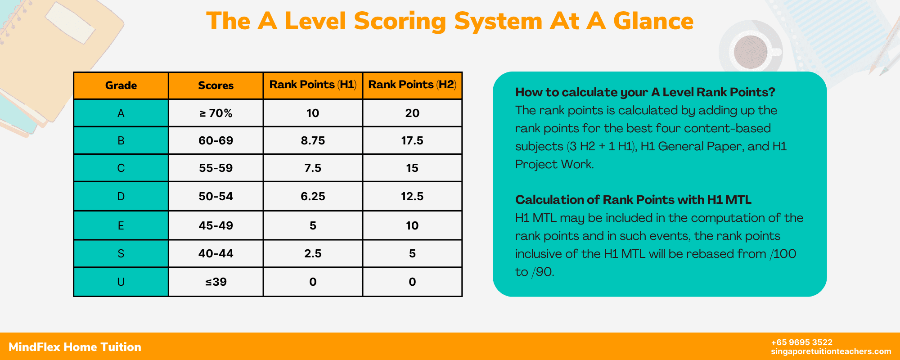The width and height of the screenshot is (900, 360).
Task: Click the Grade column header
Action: [121, 85]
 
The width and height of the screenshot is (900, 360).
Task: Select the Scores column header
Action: [216, 85]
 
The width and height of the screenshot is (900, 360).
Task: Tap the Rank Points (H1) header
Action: [313, 85]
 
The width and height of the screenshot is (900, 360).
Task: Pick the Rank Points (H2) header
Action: [412, 85]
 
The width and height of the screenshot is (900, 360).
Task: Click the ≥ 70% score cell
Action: [216, 113]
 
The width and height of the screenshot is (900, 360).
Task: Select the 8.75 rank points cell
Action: [313, 140]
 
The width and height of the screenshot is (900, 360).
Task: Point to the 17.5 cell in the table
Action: [412, 140]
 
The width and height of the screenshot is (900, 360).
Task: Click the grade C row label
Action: [121, 168]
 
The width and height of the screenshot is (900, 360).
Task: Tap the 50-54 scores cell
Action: [216, 196]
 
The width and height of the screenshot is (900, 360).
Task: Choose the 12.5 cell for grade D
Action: [412, 196]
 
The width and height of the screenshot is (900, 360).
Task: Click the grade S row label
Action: [121, 253]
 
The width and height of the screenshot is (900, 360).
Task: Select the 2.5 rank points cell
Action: [313, 253]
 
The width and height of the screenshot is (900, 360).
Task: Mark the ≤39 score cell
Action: [216, 282]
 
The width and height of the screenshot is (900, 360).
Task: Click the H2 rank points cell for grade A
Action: [412, 113]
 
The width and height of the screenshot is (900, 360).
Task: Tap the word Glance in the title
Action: [653, 21]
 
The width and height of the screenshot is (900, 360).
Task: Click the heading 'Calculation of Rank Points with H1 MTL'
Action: [633, 199]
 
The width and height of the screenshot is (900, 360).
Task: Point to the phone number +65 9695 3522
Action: [802, 342]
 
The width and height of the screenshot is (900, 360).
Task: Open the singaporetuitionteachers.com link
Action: [831, 351]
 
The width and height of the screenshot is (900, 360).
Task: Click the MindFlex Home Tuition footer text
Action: [75, 347]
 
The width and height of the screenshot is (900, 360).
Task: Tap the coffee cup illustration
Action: [751, 52]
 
